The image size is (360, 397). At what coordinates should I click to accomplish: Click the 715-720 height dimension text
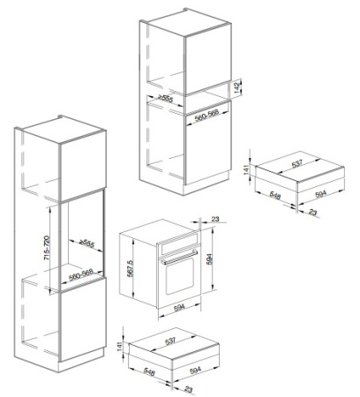(x=47, y=248)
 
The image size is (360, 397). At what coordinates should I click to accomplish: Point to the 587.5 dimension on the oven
(x=131, y=268)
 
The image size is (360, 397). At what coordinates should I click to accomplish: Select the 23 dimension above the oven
(x=215, y=219)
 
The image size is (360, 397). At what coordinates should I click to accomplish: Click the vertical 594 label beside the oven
(x=209, y=258)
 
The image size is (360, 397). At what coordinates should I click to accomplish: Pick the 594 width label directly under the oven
(x=179, y=308)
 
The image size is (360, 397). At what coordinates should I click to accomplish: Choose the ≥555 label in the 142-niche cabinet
(x=166, y=98)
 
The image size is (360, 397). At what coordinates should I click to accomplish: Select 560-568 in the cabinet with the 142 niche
(x=207, y=115)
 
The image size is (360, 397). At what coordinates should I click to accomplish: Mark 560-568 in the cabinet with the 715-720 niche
(x=81, y=274)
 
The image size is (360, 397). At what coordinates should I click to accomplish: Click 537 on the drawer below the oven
(x=170, y=341)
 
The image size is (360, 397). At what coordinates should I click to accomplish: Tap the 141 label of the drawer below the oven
(x=119, y=346)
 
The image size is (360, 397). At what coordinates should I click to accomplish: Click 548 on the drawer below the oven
(x=149, y=371)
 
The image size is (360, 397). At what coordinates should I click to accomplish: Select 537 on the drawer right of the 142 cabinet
(x=297, y=164)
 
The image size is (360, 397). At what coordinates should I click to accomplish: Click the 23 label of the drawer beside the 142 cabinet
(x=313, y=212)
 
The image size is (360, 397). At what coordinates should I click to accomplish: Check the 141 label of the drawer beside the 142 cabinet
(x=246, y=169)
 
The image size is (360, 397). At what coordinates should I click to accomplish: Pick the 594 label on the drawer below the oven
(x=196, y=370)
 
